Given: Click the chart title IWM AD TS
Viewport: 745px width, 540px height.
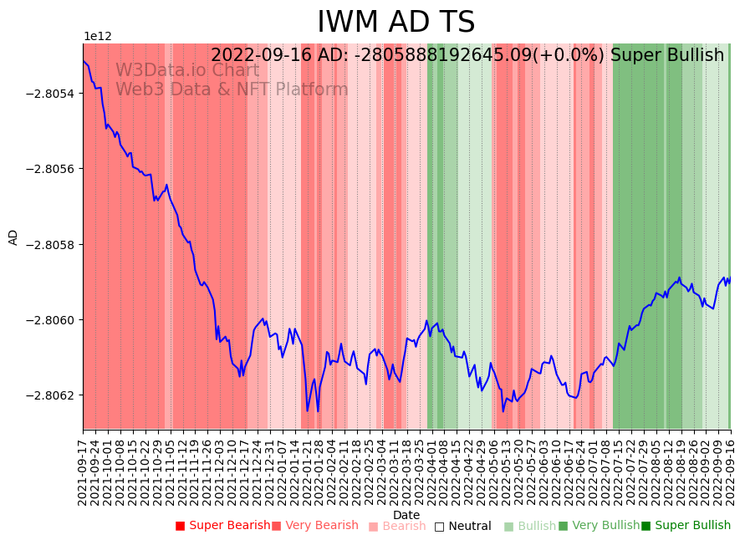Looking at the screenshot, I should (395, 23).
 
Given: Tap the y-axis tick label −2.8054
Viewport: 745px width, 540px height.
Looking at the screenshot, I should (51, 93).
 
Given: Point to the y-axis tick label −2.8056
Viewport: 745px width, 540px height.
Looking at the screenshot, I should (51, 169).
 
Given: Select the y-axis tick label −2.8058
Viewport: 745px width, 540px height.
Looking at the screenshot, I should (51, 244).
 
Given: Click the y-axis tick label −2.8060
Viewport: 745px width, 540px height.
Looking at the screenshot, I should (51, 320).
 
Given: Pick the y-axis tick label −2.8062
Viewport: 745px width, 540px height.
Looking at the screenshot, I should (51, 395).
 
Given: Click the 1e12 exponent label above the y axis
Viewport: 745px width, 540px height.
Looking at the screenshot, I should (97, 37).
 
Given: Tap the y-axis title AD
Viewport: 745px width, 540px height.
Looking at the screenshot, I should (13, 237).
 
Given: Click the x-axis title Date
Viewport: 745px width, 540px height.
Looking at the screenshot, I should (406, 515).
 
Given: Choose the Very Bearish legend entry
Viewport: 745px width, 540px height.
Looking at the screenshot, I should (321, 526).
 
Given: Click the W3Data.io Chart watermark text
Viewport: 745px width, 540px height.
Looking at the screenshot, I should (187, 70).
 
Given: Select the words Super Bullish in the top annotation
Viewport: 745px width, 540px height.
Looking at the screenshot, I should (667, 56).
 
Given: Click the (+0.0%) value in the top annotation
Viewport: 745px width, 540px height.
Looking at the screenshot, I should (569, 56).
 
